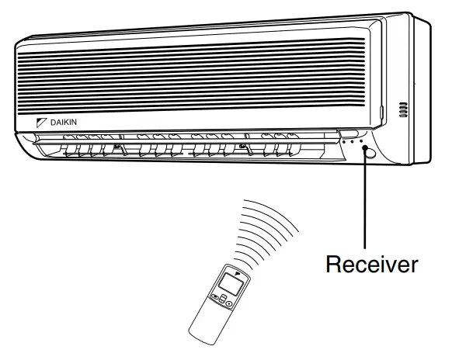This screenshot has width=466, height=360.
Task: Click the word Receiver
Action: [x=371, y=264]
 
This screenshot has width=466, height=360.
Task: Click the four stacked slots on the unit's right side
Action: [x=403, y=109]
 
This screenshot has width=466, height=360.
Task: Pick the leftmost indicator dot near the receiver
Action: [x=342, y=142]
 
